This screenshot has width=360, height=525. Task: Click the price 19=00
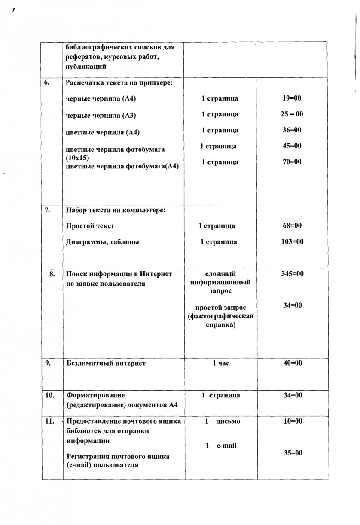292,98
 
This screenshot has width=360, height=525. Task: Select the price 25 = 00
292,114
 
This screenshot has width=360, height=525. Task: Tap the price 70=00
292,162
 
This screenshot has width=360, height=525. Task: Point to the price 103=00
292,241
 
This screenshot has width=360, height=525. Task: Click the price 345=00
292,274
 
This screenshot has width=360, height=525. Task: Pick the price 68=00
292,226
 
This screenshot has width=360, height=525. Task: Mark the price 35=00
293,453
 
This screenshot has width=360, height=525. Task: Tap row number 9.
48,363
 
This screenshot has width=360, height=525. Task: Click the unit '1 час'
221,363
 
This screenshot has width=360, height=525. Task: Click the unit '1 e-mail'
221,446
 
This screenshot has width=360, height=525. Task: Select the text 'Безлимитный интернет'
106,363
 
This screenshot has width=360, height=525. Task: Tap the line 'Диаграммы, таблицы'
103,242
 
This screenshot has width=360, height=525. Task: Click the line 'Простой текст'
90,226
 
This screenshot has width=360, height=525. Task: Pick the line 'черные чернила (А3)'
101,115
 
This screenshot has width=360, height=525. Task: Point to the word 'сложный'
220,274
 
